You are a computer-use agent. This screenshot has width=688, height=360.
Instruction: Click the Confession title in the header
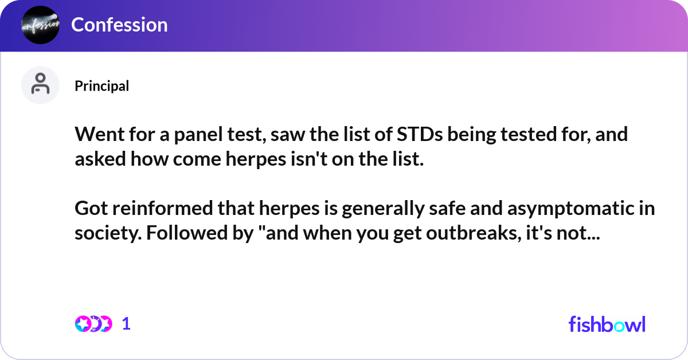point(119,25)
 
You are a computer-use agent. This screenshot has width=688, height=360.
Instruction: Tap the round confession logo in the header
point(40,25)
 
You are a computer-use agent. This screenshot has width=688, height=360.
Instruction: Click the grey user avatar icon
point(40,85)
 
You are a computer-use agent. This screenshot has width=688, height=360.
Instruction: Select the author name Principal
point(101,86)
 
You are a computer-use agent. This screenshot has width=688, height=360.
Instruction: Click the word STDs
point(420,134)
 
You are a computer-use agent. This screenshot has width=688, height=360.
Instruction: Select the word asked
point(100,159)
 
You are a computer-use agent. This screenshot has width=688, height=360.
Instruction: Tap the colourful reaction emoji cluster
point(93,324)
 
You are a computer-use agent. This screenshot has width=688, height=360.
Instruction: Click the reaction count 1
point(126,324)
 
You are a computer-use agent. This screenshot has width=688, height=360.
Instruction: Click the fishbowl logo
point(607,324)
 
